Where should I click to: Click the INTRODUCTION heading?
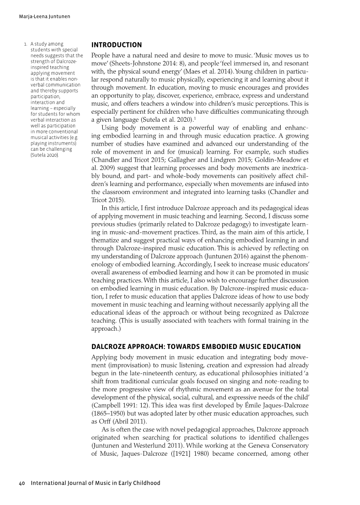(x=116, y=45)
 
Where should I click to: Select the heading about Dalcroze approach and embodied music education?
(x=196, y=347)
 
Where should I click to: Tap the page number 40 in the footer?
(x=22, y=483)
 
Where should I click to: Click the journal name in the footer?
(x=95, y=483)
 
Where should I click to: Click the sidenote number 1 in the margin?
(x=26, y=45)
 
